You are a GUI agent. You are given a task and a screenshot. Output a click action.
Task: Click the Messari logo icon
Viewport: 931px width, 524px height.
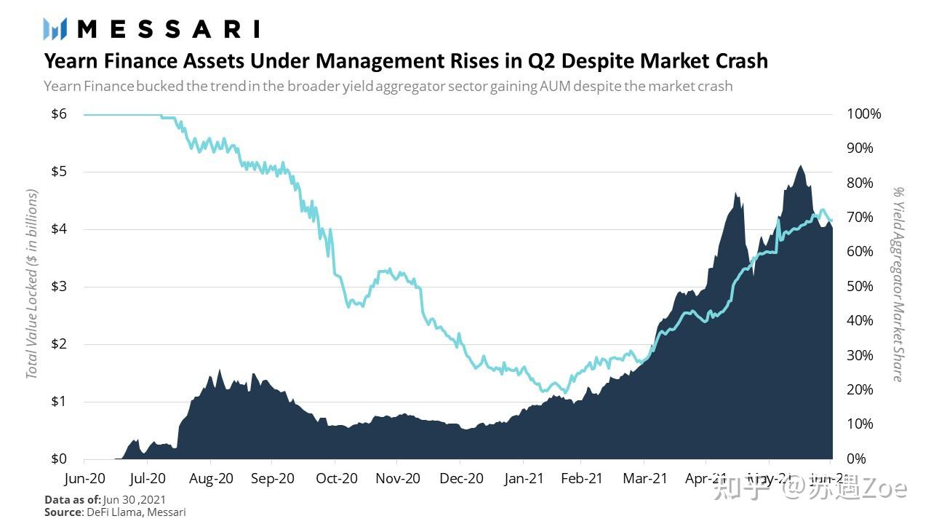(x=55, y=29)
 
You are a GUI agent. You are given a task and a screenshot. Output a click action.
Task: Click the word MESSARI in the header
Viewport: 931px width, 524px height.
(x=168, y=29)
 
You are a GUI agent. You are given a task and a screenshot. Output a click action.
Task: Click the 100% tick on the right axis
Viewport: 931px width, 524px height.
(x=864, y=114)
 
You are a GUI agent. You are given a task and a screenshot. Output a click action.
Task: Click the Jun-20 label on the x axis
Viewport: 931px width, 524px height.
(x=84, y=478)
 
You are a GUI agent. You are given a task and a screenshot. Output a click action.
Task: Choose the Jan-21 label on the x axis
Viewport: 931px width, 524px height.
(x=524, y=478)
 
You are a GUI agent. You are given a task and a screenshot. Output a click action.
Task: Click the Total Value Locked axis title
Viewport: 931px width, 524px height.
(x=31, y=284)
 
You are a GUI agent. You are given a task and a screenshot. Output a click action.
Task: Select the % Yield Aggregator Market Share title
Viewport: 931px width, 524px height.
(x=899, y=284)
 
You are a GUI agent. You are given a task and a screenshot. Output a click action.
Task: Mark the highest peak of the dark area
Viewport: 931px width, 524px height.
(x=800, y=166)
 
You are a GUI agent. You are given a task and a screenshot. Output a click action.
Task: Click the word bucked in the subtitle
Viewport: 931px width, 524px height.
(x=160, y=86)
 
